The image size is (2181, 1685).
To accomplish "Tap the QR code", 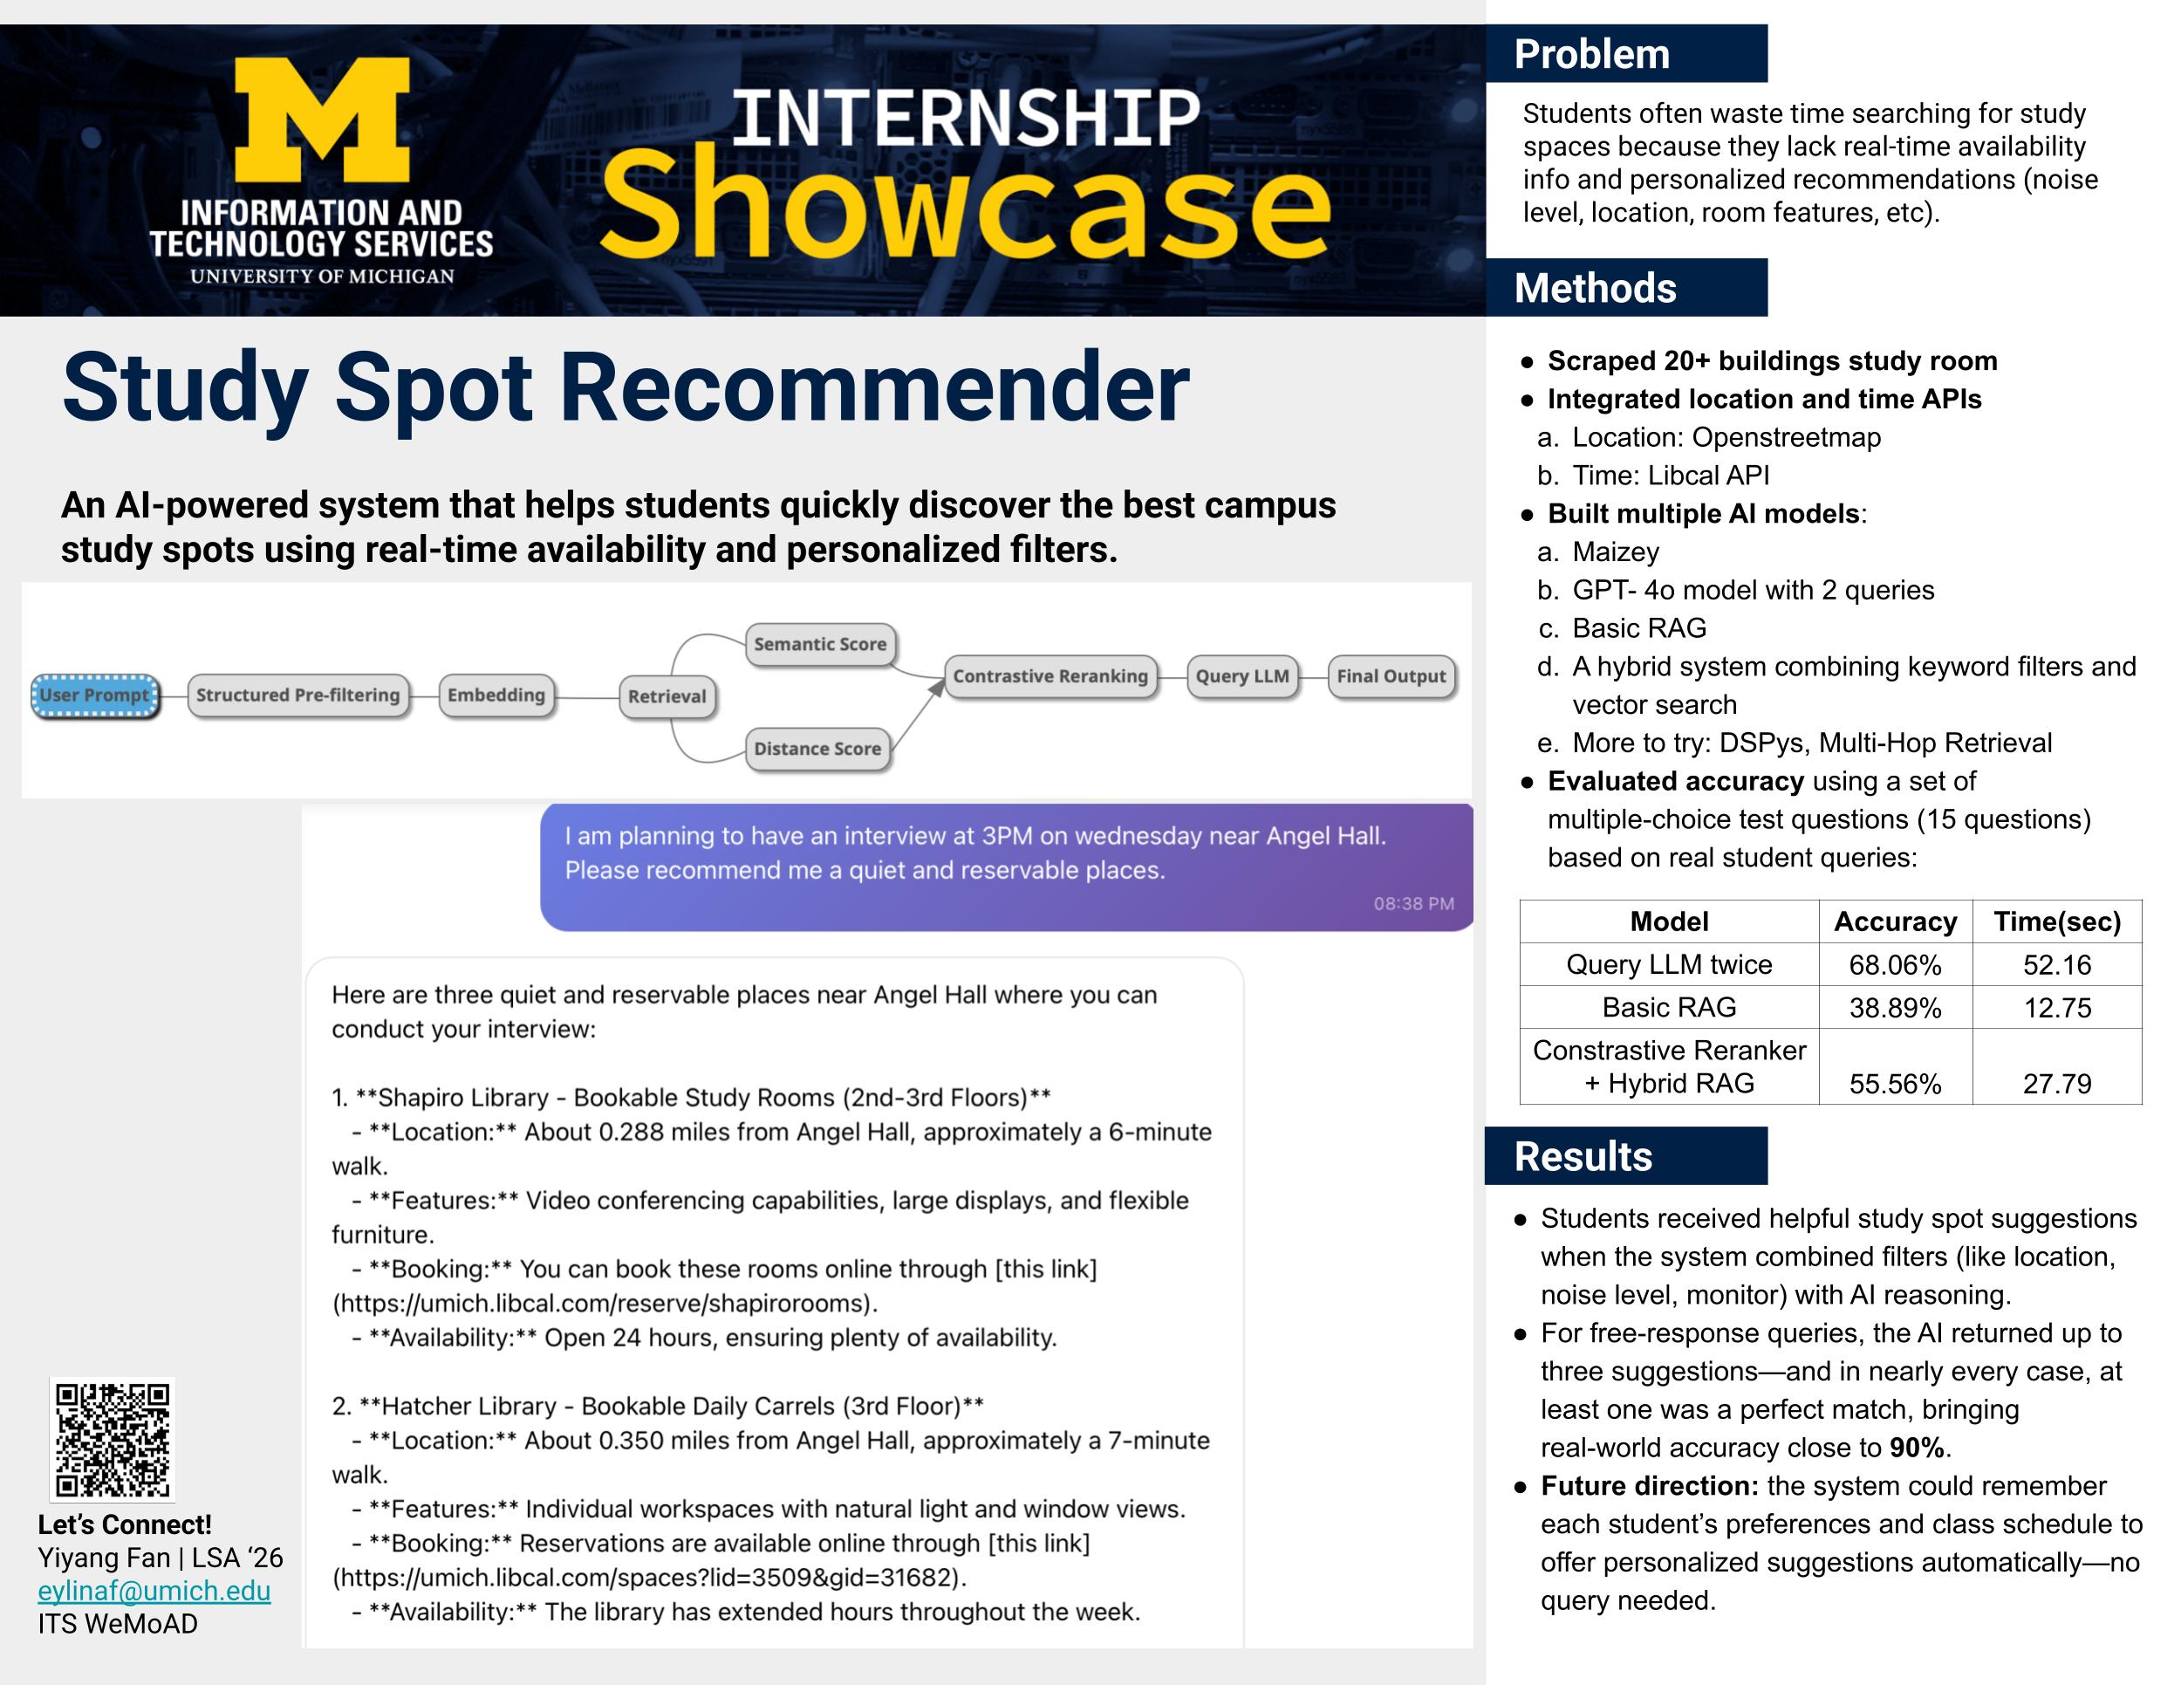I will [113, 1439].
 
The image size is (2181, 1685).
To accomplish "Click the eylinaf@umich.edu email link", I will [154, 1591].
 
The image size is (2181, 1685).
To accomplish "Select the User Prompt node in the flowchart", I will [95, 695].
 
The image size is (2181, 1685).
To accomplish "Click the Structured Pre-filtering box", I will [297, 695].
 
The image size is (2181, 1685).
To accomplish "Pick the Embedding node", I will [496, 695].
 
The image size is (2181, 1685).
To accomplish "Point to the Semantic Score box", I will [820, 644].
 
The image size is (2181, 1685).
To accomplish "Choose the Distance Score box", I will [817, 749].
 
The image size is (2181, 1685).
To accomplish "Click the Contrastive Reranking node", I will [1050, 676].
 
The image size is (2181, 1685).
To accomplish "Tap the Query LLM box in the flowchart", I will [1242, 676].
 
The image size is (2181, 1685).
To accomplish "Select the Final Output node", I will [1391, 676].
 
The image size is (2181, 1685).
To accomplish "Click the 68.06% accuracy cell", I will [1894, 965].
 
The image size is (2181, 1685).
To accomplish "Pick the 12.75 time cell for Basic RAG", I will [2057, 1008].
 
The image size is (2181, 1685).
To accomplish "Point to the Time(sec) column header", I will [2057, 921].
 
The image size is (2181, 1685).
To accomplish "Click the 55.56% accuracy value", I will [1894, 1084].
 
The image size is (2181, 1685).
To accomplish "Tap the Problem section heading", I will [1592, 54].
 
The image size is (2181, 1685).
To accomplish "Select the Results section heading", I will [1583, 1156].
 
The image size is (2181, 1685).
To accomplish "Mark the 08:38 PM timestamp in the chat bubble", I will [1413, 904].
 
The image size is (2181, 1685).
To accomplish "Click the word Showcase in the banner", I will [965, 202].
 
